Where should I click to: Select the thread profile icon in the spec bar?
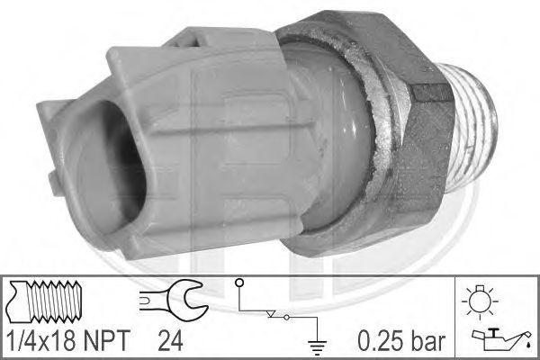point(45,301)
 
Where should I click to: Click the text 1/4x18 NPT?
point(68,340)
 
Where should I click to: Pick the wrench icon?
point(174,300)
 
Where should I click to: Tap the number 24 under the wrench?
point(170,340)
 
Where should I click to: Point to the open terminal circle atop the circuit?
point(239,283)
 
